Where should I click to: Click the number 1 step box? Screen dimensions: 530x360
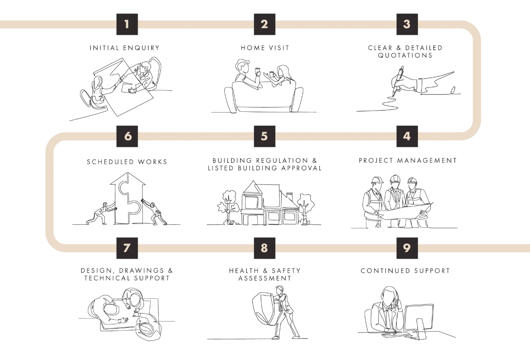click(127, 24)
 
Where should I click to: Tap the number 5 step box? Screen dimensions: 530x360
click(265, 136)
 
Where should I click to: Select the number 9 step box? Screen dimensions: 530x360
click(407, 248)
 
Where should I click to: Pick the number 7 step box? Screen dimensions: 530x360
click(127, 248)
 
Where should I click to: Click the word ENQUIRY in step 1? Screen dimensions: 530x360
click(141, 48)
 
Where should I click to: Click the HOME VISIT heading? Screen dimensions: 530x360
click(265, 48)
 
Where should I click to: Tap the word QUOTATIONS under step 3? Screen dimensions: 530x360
click(405, 55)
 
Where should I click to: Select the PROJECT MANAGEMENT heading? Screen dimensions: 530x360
click(408, 161)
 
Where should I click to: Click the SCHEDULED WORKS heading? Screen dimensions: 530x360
click(127, 162)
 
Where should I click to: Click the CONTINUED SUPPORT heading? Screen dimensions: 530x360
click(405, 270)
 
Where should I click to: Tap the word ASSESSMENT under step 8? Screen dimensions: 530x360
click(265, 278)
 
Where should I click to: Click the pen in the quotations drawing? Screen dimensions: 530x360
click(398, 81)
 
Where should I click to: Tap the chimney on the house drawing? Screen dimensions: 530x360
click(289, 197)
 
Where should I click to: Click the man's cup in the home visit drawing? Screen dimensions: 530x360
click(257, 71)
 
